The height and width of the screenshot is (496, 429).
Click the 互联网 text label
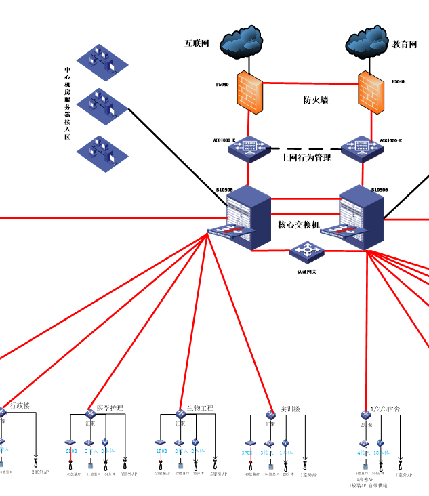tap(197, 43)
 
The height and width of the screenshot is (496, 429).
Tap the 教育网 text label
tap(405, 44)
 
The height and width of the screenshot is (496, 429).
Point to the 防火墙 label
tap(315, 100)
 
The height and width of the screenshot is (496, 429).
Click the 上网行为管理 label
tap(306, 157)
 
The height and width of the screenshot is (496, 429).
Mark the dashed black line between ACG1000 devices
tap(305, 148)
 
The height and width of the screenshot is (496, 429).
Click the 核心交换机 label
tap(299, 224)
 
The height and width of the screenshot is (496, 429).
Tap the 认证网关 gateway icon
tap(307, 251)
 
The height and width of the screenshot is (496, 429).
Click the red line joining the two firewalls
tap(310, 83)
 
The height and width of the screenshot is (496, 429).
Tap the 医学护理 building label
tap(110, 408)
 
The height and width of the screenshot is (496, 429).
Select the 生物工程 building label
tap(200, 408)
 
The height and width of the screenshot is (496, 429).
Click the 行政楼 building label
tap(20, 405)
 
